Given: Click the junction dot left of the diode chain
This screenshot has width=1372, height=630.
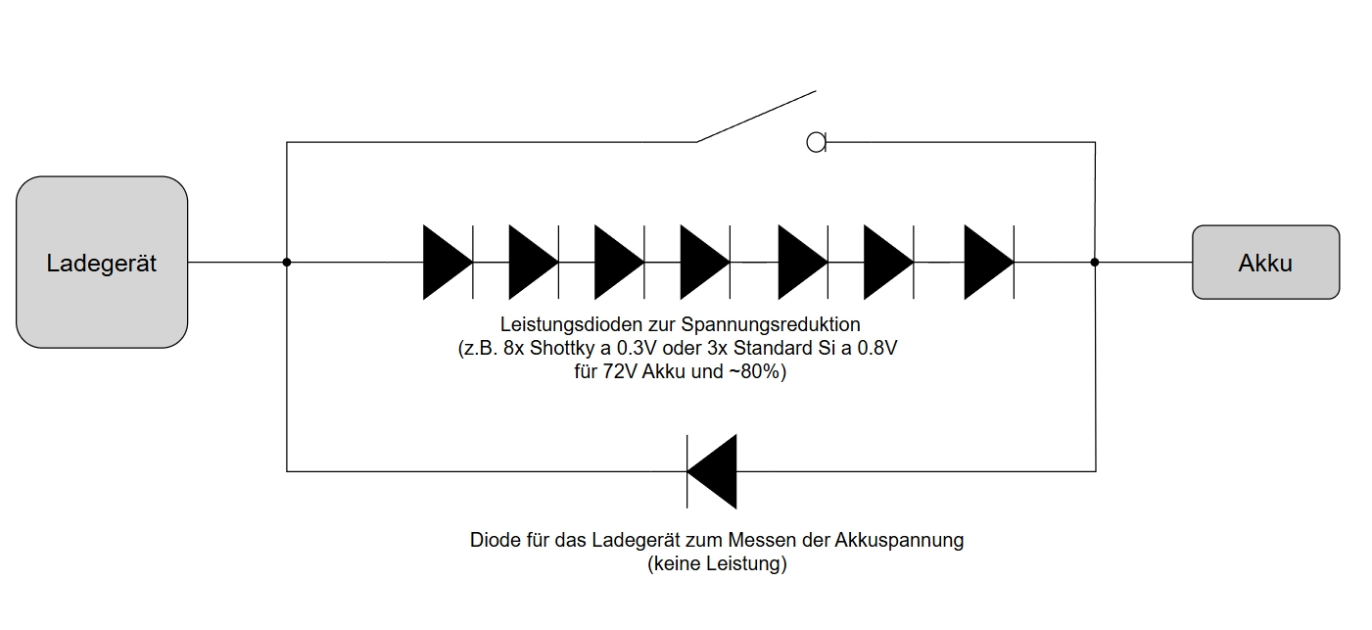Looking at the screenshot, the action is pos(287,263).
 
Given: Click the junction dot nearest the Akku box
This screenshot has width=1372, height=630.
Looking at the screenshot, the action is pos(1095,263).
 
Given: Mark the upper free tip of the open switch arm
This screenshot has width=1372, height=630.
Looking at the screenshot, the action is pos(816,91).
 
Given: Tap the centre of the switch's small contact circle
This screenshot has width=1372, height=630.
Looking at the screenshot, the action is pos(816,142).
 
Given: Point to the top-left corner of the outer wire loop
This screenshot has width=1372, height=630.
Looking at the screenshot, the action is pos(287,142).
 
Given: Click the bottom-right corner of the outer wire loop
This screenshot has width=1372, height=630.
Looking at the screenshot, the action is pos(1095,471).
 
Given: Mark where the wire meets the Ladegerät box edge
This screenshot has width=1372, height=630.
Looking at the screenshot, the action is pos(187,263).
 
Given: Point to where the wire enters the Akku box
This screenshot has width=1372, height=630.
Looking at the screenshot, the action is pos(1193,263).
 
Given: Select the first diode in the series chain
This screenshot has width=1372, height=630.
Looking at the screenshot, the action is pos(449,263).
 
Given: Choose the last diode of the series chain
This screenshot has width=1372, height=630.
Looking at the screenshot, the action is pos(990,263).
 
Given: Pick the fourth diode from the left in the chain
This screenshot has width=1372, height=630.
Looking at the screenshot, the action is pos(706,263).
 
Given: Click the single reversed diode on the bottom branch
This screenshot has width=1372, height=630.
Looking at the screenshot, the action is pos(712,471).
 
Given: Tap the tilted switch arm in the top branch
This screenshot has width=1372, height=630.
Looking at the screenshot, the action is pos(756,117).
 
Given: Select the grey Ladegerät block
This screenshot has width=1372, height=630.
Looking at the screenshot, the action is pos(102,263).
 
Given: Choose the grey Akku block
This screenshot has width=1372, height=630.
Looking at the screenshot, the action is pos(1266,263).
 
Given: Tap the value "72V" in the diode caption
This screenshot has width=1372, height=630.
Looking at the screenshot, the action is pos(619,371).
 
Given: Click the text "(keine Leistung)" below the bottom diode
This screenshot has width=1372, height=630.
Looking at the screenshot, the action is pos(717,563).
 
